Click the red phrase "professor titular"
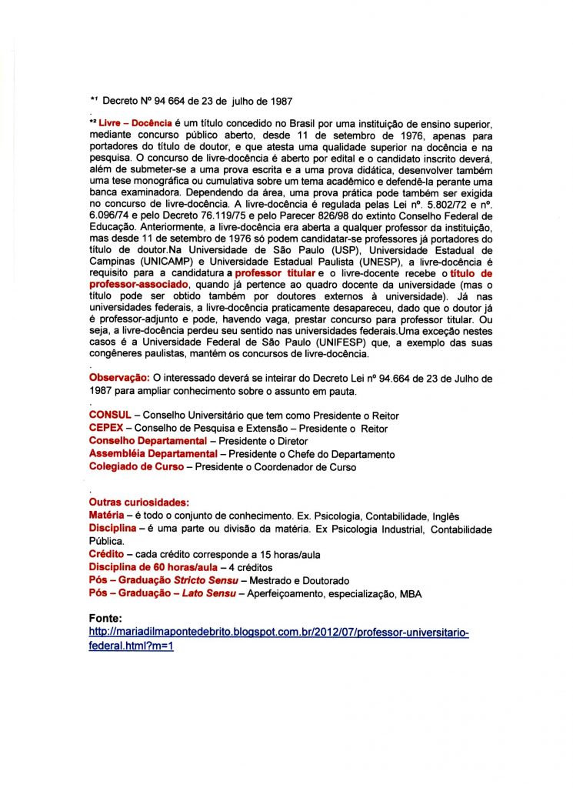coord(275,273)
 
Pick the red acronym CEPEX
coord(107,428)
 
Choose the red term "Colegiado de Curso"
coord(136,466)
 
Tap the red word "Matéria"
coord(108,516)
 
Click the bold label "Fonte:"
coord(106,618)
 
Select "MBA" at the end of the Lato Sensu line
coord(411,594)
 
